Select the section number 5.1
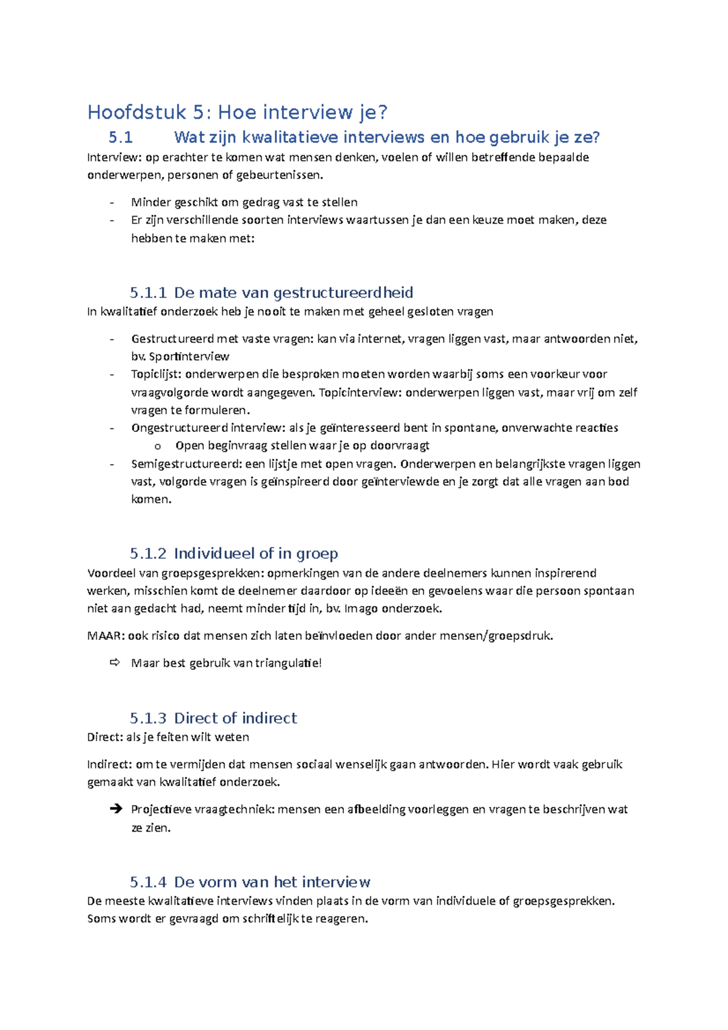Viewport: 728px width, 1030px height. [x=121, y=138]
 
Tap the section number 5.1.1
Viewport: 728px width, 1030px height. [x=148, y=293]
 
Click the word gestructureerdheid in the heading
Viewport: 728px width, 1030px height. [x=343, y=293]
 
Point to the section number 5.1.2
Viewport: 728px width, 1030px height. [x=148, y=554]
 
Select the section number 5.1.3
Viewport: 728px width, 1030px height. [x=148, y=718]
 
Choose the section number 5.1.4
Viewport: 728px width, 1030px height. [x=148, y=882]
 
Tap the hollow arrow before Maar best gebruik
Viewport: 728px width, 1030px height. [x=115, y=663]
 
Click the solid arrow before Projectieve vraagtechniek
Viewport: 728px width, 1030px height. [x=116, y=809]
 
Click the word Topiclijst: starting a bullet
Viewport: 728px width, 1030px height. [x=156, y=374]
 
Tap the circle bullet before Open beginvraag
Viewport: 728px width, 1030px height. [x=158, y=446]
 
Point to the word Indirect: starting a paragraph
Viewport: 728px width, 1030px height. [x=109, y=764]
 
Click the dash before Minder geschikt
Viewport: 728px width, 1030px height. [x=112, y=203]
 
